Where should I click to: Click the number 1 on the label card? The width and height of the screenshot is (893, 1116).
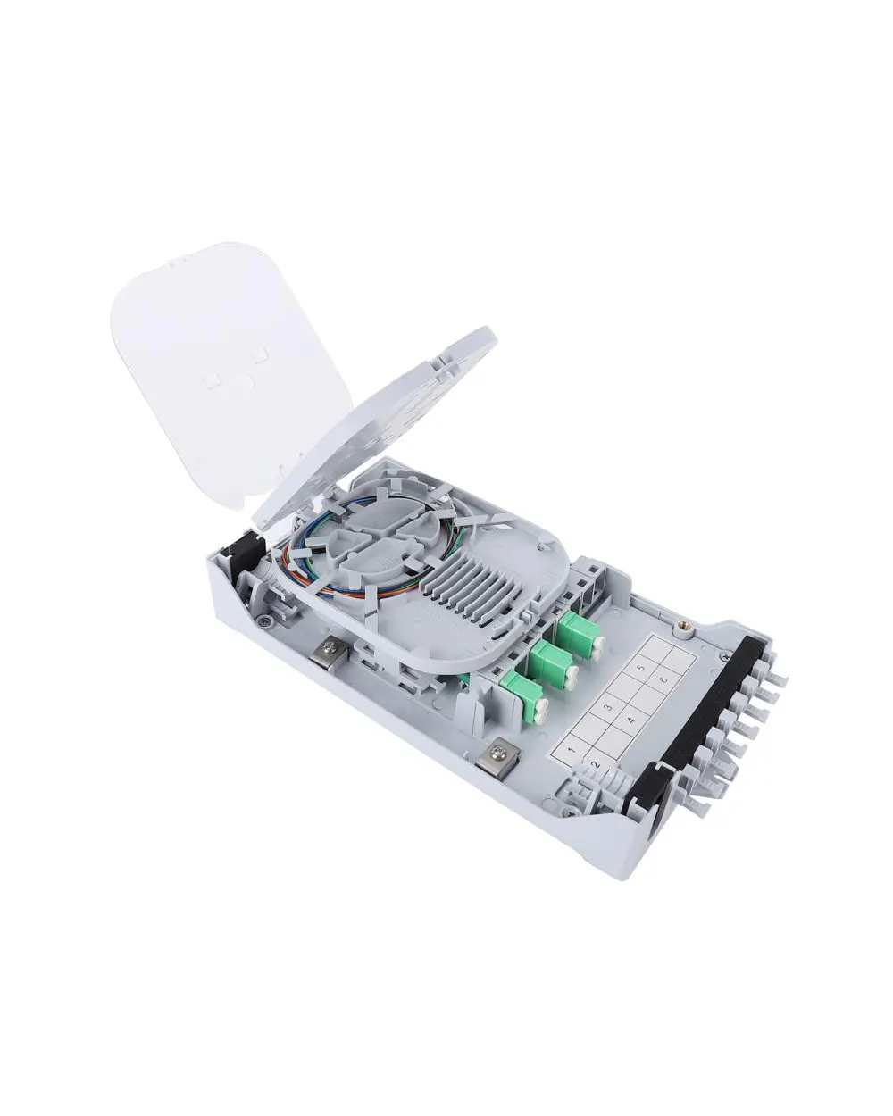click(x=572, y=749)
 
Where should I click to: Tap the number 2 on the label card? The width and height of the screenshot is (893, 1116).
click(x=597, y=765)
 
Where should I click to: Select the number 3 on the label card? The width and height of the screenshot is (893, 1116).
click(x=608, y=707)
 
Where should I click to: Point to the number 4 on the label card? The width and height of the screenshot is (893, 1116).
click(x=631, y=720)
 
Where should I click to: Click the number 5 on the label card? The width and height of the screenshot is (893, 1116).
click(x=641, y=667)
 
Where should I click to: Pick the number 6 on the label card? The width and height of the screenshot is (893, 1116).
click(x=665, y=680)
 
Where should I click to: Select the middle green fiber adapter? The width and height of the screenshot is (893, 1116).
click(x=553, y=662)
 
